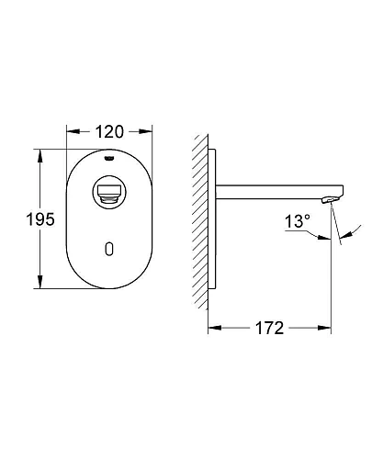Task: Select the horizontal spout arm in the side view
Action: tap(266, 195)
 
